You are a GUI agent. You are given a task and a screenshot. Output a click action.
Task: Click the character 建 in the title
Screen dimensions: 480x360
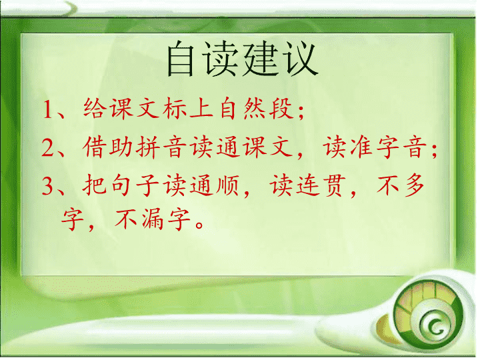(x=261, y=59)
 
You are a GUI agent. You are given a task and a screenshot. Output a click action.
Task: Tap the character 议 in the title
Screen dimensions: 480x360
(x=300, y=59)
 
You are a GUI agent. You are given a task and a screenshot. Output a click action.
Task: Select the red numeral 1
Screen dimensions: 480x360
(x=47, y=109)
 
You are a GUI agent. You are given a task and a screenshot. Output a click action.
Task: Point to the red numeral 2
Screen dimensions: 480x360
(x=48, y=147)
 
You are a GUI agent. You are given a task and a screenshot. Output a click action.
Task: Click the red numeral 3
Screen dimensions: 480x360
(x=48, y=186)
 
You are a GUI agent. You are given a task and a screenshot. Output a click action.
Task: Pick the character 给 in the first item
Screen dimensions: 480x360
(x=95, y=108)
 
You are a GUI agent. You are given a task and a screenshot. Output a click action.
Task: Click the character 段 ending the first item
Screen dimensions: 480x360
(x=281, y=108)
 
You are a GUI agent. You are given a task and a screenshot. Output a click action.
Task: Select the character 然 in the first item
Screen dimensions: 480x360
(x=255, y=108)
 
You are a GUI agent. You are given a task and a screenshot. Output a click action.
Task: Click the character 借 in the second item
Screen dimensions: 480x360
(x=95, y=147)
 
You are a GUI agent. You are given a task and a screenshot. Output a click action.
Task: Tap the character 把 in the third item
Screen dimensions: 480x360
(x=95, y=185)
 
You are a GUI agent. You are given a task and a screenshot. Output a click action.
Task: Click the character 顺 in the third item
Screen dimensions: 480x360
(x=228, y=185)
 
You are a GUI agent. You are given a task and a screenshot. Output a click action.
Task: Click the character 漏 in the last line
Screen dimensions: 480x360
(x=152, y=219)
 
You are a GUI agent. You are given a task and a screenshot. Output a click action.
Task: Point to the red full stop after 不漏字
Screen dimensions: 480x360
(x=199, y=225)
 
